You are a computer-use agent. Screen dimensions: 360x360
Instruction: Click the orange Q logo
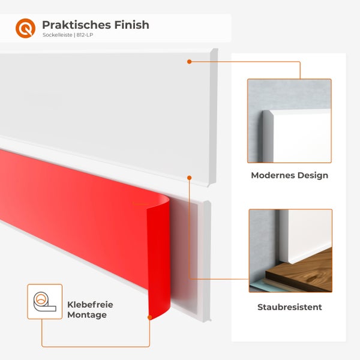tap(25, 28)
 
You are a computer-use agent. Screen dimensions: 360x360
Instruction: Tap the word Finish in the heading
tap(130, 25)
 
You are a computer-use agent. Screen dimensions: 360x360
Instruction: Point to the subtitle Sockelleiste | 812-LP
tap(68, 35)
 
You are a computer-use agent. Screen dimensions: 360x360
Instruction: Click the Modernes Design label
tap(289, 176)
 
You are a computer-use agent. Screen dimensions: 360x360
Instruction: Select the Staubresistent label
tap(289, 307)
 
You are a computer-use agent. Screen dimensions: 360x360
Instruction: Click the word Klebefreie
tap(90, 305)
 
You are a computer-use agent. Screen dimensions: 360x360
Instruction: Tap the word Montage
tap(87, 314)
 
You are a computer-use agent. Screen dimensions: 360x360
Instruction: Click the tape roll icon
tap(44, 301)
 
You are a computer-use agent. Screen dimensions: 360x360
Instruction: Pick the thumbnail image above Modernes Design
tap(289, 121)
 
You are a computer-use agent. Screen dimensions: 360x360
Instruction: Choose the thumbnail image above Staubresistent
tap(290, 250)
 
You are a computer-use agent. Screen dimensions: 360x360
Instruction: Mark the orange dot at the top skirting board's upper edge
tap(189, 61)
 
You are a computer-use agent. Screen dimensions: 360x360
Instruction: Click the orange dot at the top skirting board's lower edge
tap(189, 178)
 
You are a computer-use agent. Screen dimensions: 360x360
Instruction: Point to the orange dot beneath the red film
tap(149, 317)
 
